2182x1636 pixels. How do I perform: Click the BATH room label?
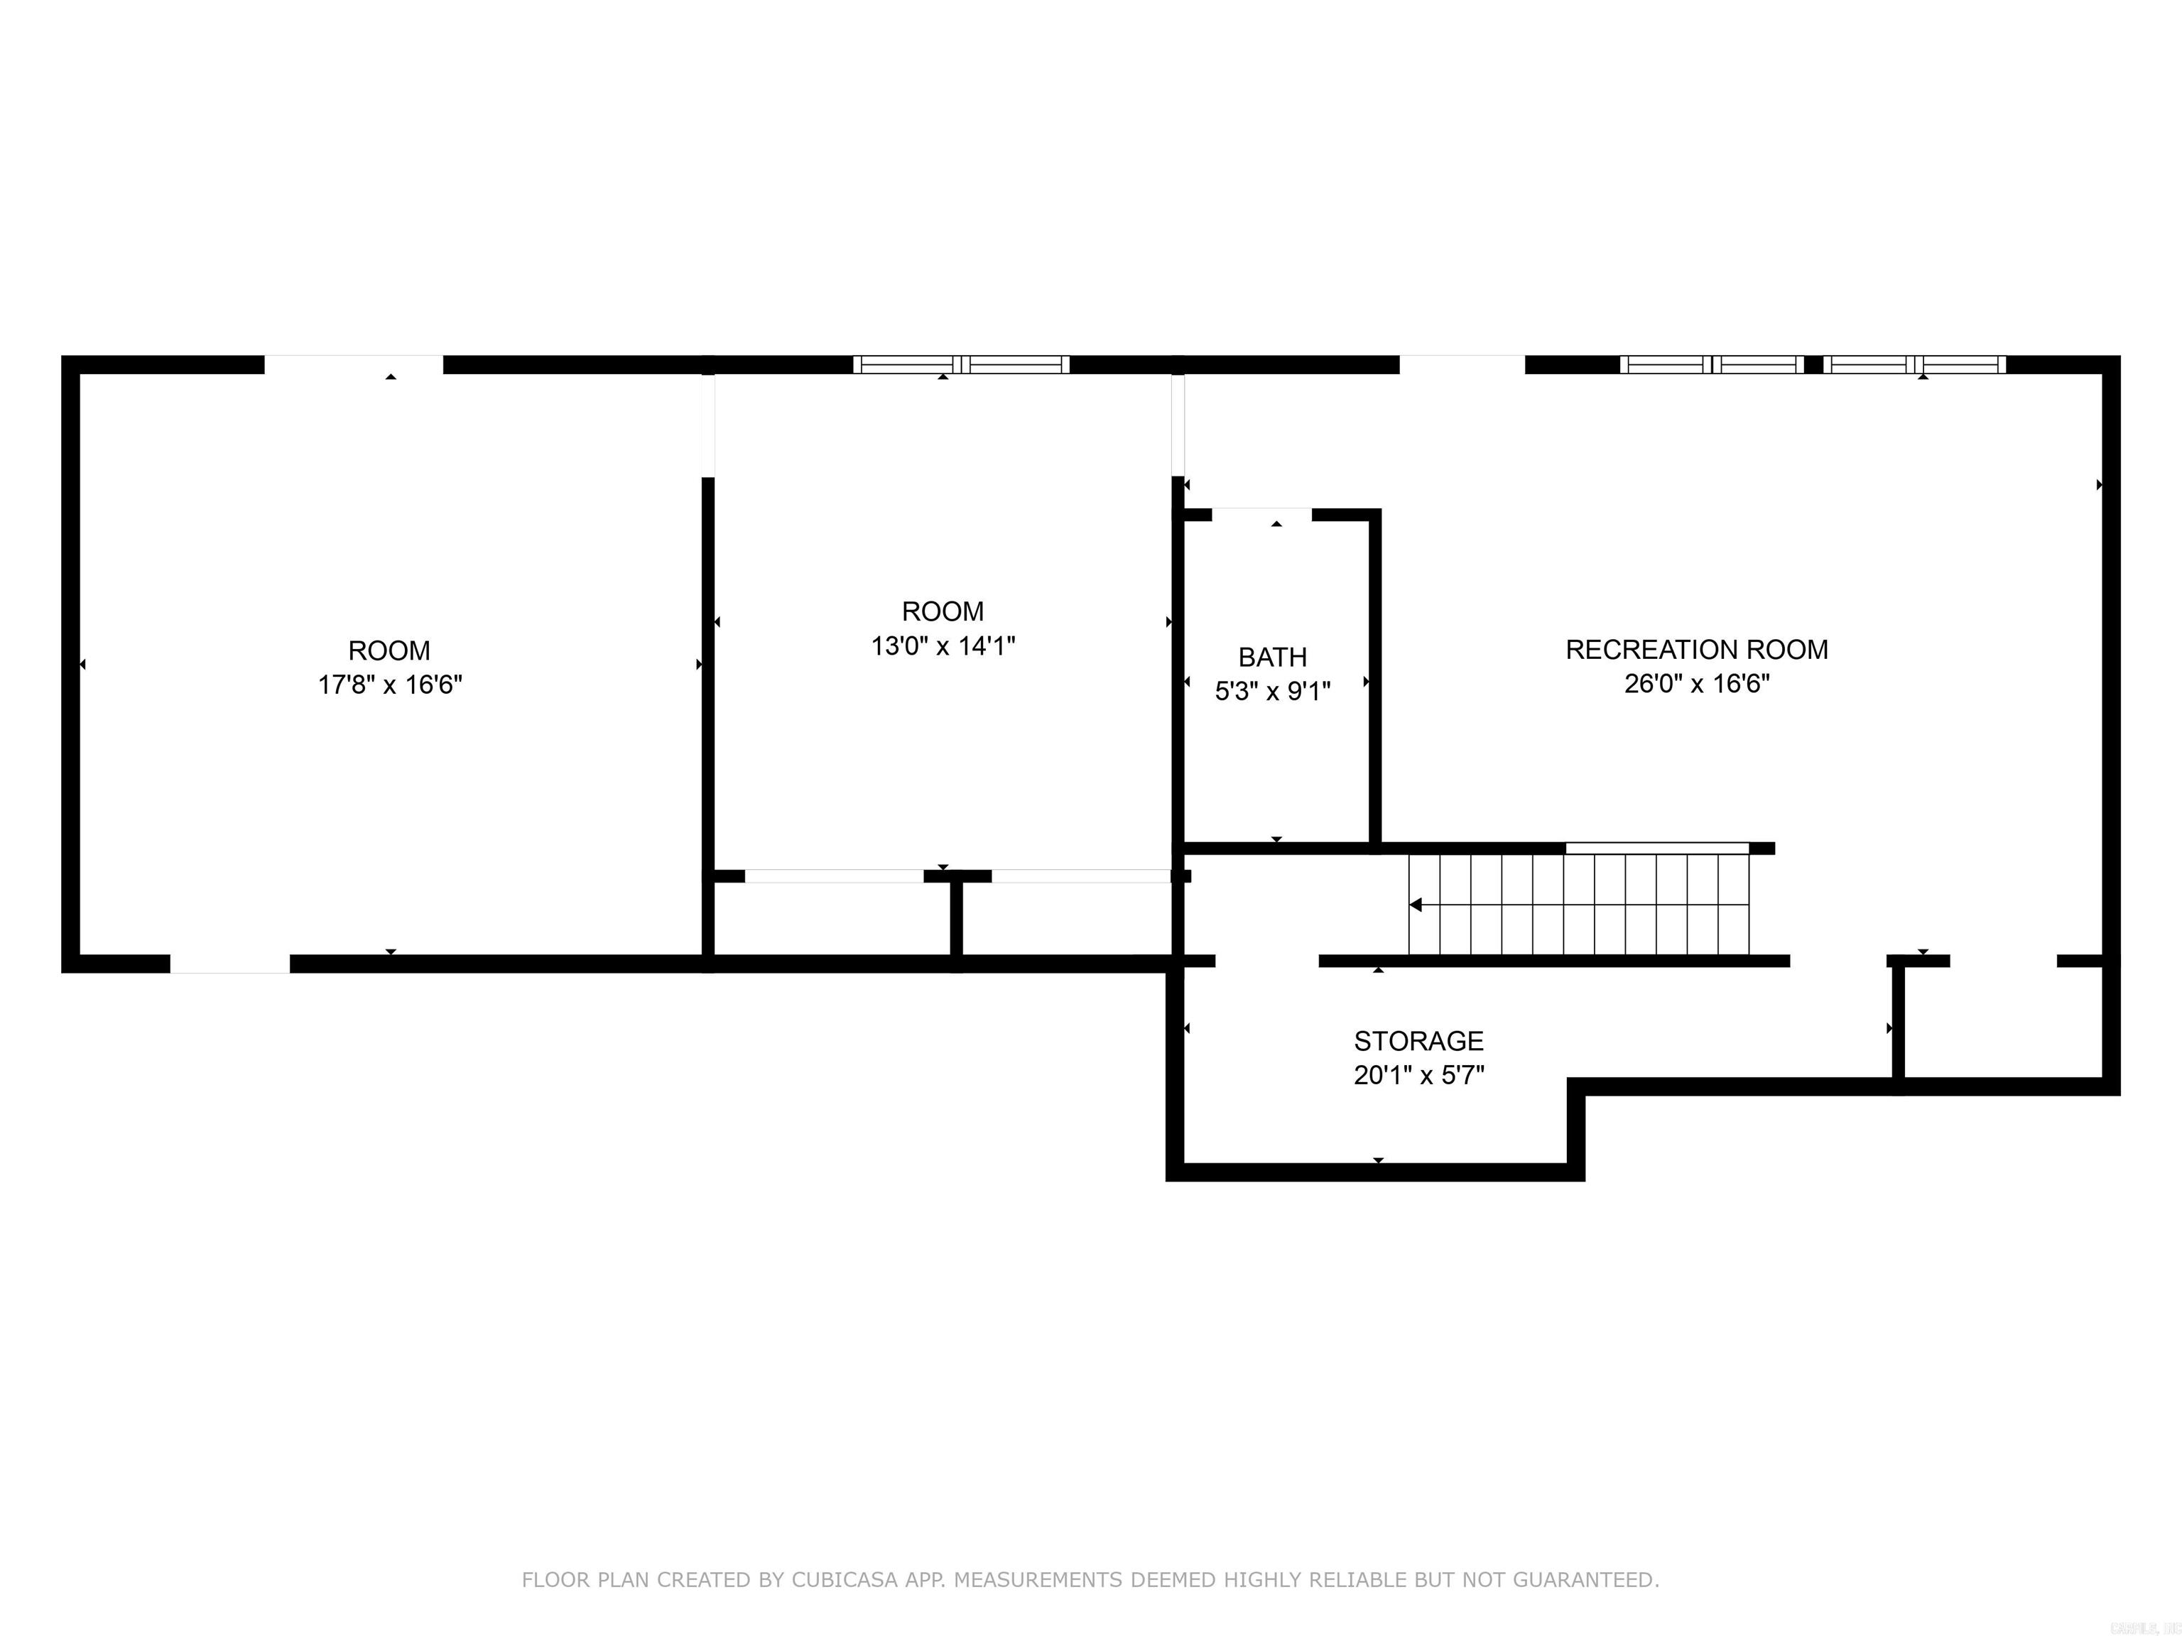tap(1273, 657)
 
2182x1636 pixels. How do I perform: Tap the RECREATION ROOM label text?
tap(1697, 649)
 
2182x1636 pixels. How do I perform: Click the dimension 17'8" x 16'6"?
tap(390, 685)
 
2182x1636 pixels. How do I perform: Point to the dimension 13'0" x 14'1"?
tap(943, 646)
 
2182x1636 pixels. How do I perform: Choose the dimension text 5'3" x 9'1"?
tap(1273, 692)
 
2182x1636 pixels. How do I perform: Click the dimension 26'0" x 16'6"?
tap(1697, 683)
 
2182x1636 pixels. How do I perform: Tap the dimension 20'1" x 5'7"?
tap(1418, 1075)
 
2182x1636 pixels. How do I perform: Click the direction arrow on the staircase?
tap(1416, 905)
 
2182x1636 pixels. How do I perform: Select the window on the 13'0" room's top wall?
tap(961, 364)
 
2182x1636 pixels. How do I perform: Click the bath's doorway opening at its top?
tap(1261, 514)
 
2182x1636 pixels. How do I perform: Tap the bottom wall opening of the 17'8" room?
tap(230, 964)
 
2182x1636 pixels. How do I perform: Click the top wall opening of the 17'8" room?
tap(353, 364)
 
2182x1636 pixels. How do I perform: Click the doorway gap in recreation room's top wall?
tap(1462, 364)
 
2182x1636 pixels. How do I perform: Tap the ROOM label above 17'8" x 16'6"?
tap(390, 651)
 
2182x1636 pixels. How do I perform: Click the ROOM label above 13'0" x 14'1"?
tap(943, 611)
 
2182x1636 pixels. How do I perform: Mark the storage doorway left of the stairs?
tap(1266, 961)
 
